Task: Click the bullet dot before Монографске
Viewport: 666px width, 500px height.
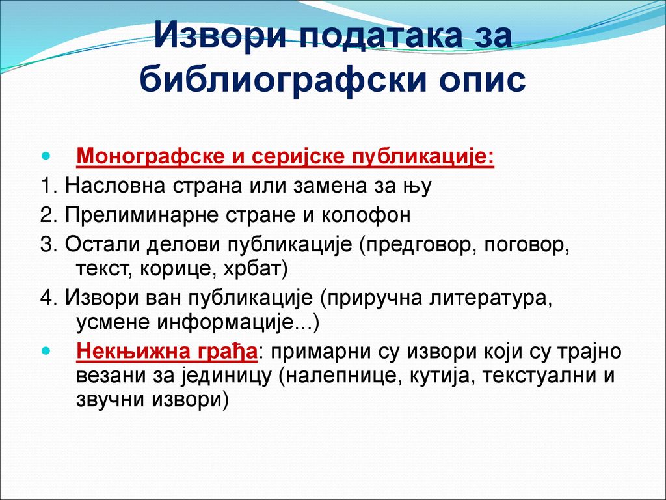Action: click(x=46, y=156)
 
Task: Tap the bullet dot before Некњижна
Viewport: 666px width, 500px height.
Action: click(x=46, y=351)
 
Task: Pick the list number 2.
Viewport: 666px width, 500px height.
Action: click(x=49, y=215)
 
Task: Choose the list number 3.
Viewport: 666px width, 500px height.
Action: click(x=49, y=245)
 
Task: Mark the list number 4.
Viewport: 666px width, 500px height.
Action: click(x=49, y=298)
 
